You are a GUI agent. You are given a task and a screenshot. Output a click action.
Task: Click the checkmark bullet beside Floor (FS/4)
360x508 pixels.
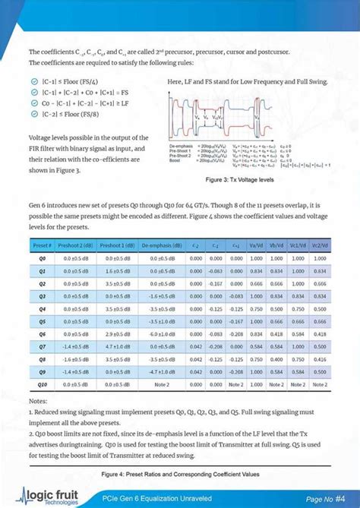point(35,80)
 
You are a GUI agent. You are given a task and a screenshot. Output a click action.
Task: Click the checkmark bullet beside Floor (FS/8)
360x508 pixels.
point(35,114)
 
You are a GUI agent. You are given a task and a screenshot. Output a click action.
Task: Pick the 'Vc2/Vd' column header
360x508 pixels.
point(319,245)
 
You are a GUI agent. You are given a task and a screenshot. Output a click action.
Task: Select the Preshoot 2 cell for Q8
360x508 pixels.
point(77,358)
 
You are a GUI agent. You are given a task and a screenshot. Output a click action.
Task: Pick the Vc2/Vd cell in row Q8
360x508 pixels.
point(319,358)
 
